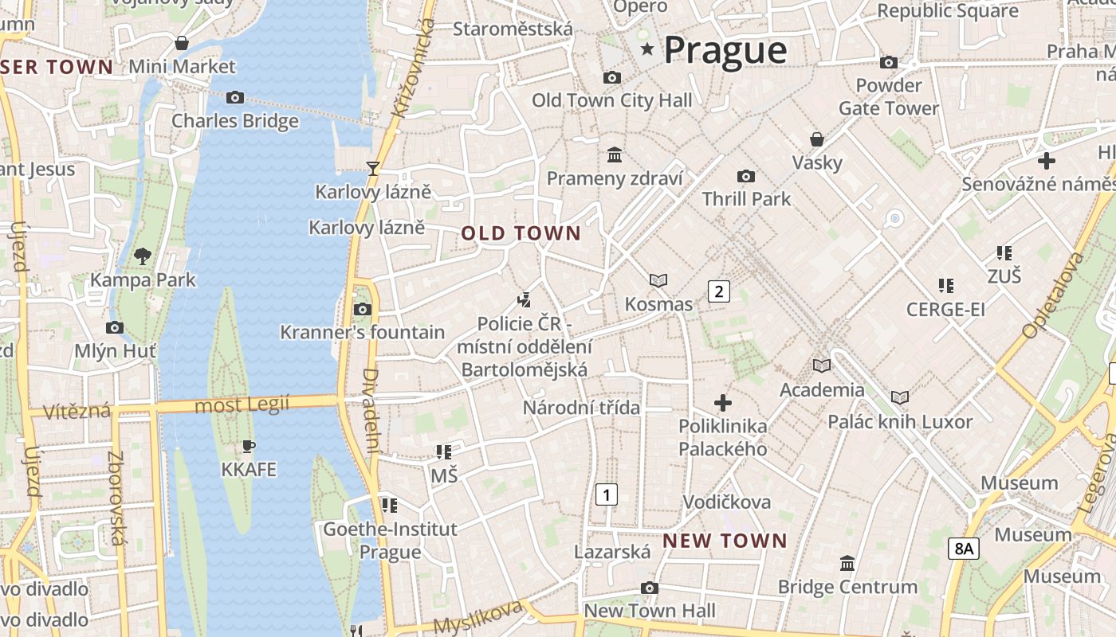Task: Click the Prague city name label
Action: point(725,50)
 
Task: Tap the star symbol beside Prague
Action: point(647,49)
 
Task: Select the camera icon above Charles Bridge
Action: point(234,97)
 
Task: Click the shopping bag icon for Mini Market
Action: point(182,43)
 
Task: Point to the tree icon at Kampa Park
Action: point(143,256)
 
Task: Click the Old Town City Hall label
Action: point(611,100)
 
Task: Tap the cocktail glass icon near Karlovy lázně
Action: point(372,168)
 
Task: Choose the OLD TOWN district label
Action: point(521,233)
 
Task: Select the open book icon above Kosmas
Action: point(658,280)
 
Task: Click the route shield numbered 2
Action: point(718,291)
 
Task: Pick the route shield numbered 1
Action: point(607,494)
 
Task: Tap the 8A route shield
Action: point(963,548)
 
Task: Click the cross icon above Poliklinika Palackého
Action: point(722,402)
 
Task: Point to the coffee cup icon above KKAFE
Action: point(249,446)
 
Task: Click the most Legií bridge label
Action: point(242,405)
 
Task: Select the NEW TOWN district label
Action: point(725,541)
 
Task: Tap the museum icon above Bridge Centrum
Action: point(847,564)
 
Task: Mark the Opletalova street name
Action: point(1053,295)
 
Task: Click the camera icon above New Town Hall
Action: point(650,588)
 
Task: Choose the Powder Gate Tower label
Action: point(888,96)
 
